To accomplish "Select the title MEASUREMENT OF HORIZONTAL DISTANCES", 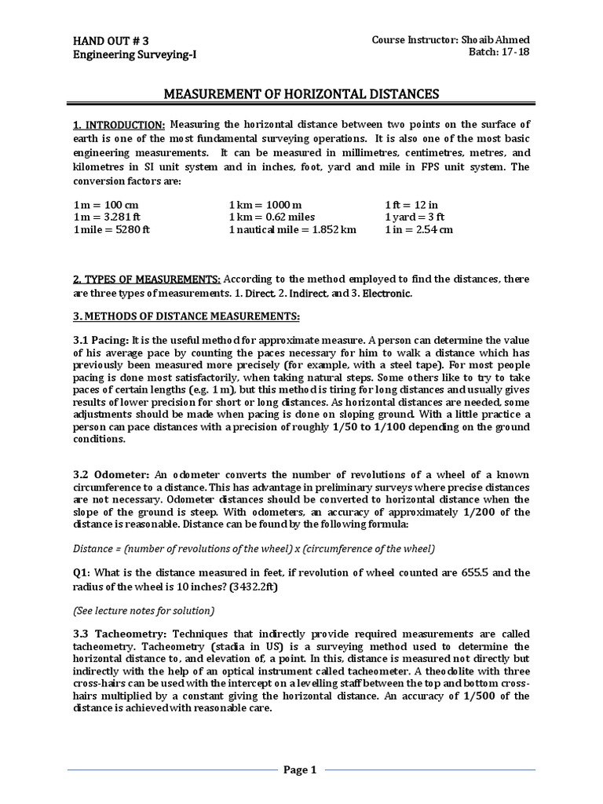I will tap(301, 95).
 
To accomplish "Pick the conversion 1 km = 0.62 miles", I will tap(272, 217).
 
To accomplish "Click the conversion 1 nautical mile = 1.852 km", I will tap(292, 229).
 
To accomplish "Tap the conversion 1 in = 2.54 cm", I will tap(418, 229).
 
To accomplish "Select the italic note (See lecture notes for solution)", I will tap(144, 610).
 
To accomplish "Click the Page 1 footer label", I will tap(300, 769).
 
